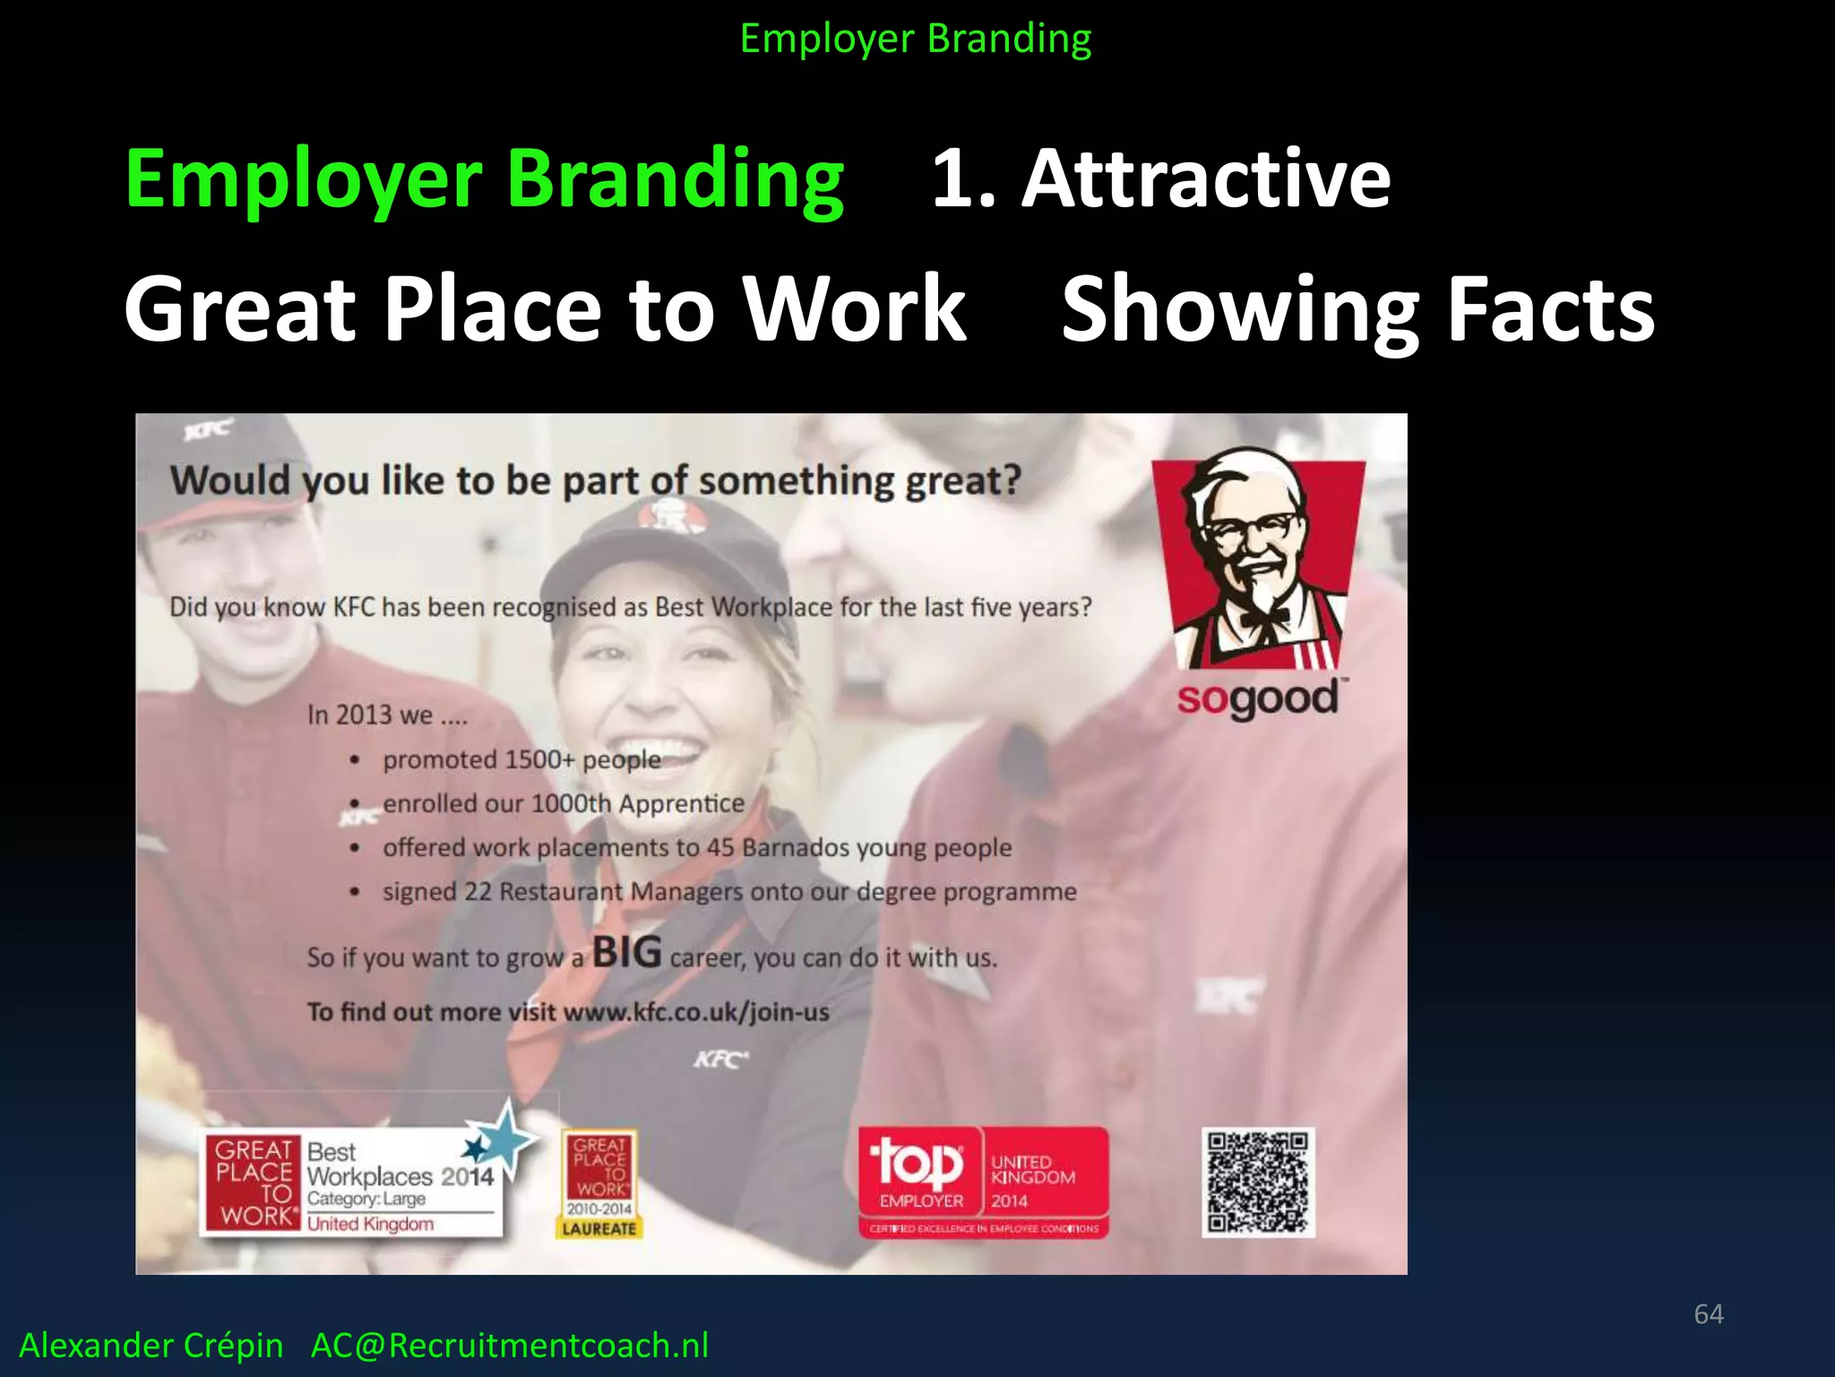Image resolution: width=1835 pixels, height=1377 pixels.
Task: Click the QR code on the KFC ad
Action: click(1258, 1182)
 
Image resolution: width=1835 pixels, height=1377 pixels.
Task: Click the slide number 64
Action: click(1708, 1313)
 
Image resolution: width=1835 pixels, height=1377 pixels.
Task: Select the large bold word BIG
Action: click(626, 952)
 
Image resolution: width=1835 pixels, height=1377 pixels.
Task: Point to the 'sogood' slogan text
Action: click(1257, 698)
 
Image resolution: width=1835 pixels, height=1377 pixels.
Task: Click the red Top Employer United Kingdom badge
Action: click(983, 1182)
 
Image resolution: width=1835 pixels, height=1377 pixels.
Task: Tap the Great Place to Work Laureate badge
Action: click(599, 1183)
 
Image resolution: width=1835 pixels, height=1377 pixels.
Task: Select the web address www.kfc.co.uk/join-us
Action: click(696, 1012)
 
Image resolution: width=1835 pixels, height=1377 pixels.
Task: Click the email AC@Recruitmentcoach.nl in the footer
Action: click(509, 1345)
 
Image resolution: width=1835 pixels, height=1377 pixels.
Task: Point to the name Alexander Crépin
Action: click(151, 1345)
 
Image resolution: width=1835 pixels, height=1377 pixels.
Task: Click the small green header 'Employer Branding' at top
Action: click(916, 39)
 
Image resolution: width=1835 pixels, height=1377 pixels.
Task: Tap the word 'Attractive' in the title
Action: click(1206, 178)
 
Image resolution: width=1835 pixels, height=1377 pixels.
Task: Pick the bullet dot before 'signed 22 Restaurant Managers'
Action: click(356, 892)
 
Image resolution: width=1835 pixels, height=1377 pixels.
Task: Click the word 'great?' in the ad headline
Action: click(962, 481)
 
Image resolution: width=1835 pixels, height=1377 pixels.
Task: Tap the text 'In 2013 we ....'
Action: click(387, 714)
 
